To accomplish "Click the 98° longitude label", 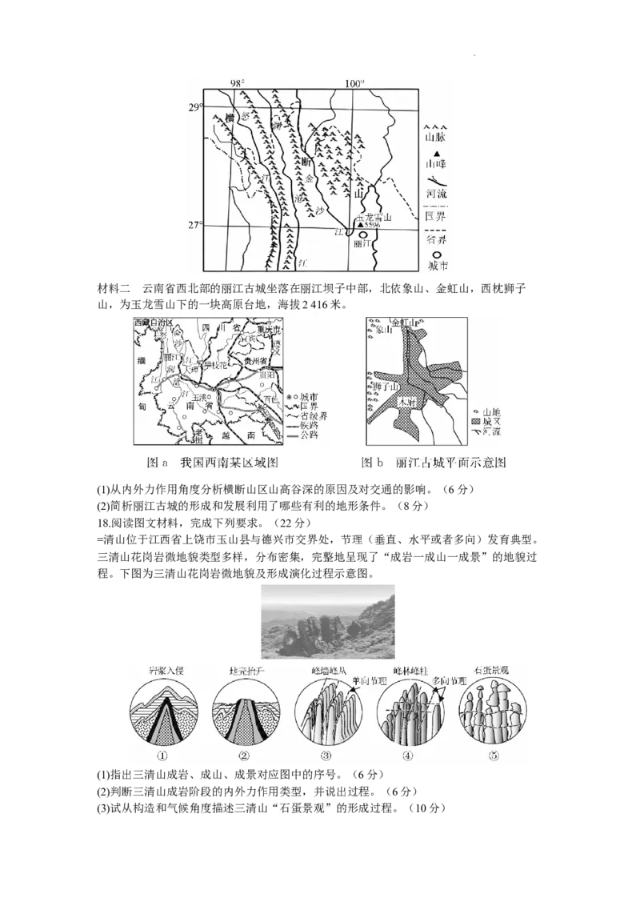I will [238, 83].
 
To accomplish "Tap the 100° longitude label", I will [355, 83].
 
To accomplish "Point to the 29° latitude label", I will [194, 107].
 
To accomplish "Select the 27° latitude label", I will [194, 226].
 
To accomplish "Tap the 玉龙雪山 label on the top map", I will [374, 217].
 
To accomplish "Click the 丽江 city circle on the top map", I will [364, 235].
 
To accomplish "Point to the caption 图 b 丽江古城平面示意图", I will [435, 463].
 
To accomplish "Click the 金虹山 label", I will [416, 322].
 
